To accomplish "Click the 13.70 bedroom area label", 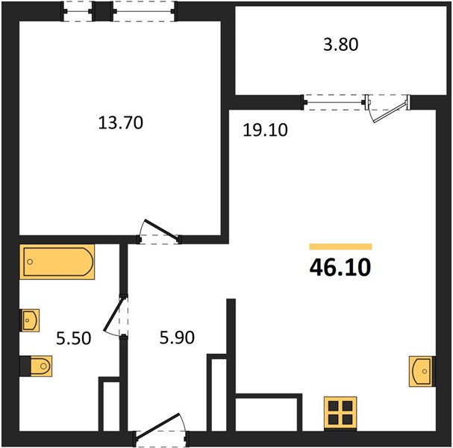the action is pos(120,122).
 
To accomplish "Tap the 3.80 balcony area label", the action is pos(341,45).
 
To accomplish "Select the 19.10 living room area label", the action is pos(265,130).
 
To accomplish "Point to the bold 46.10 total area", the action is pos(340,267).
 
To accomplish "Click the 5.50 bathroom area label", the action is pos(74,338).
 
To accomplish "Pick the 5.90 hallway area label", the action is pos(177,337).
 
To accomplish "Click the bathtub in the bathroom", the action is pos(57,262).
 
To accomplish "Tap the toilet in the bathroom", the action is pos(36,366).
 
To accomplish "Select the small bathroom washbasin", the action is pos(29,320).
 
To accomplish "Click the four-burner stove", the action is pos(340,414).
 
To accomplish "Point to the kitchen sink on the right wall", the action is pos(422,371).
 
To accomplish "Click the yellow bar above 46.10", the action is pos(340,246).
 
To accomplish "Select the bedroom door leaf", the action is pos(161,229).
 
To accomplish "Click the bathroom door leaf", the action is pos(114,314).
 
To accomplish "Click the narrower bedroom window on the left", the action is pos(78,11).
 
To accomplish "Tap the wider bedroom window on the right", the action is pos(144,11).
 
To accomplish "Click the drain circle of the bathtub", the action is pos(30,262).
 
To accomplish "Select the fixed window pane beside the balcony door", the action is pos(334,102).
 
